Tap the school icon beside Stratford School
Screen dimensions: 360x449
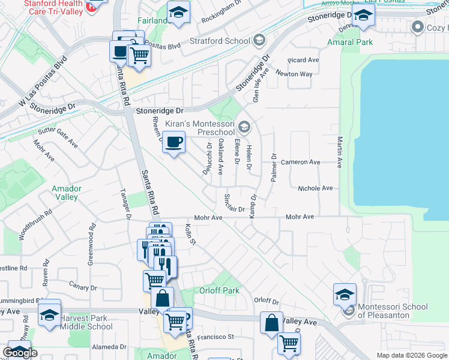(x=259, y=41)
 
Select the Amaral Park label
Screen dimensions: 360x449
(x=350, y=42)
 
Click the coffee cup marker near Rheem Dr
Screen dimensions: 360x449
(x=173, y=143)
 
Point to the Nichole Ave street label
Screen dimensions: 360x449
(x=315, y=188)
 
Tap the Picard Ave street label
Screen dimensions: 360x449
(x=303, y=60)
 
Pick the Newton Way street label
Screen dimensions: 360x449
(x=294, y=74)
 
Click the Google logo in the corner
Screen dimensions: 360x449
(x=20, y=353)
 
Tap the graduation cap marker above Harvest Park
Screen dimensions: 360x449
(x=49, y=313)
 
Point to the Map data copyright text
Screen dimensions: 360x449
(x=411, y=355)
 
